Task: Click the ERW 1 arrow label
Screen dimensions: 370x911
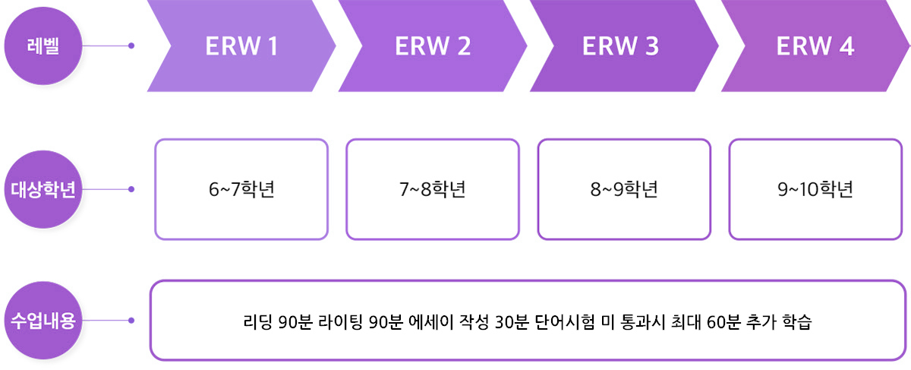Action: click(x=241, y=46)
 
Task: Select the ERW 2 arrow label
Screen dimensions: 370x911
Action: click(x=433, y=46)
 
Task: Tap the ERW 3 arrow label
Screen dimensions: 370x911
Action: click(x=620, y=46)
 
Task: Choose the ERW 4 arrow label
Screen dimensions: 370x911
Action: click(x=815, y=46)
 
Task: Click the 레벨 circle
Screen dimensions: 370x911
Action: click(x=43, y=46)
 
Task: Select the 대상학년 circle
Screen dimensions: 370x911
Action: click(x=43, y=189)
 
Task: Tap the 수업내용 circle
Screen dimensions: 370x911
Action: click(x=43, y=321)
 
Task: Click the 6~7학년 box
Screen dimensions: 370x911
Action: click(x=241, y=189)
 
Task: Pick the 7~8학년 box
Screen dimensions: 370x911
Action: click(x=433, y=189)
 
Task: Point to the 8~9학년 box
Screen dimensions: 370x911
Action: click(x=624, y=189)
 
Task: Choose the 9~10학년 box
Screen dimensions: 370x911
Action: click(x=815, y=189)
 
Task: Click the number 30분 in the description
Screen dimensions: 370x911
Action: click(x=512, y=321)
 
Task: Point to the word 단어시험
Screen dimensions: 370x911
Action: click(x=570, y=321)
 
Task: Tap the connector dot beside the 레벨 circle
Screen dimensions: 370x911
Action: click(x=131, y=46)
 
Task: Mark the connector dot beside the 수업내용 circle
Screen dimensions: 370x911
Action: click(x=131, y=321)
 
